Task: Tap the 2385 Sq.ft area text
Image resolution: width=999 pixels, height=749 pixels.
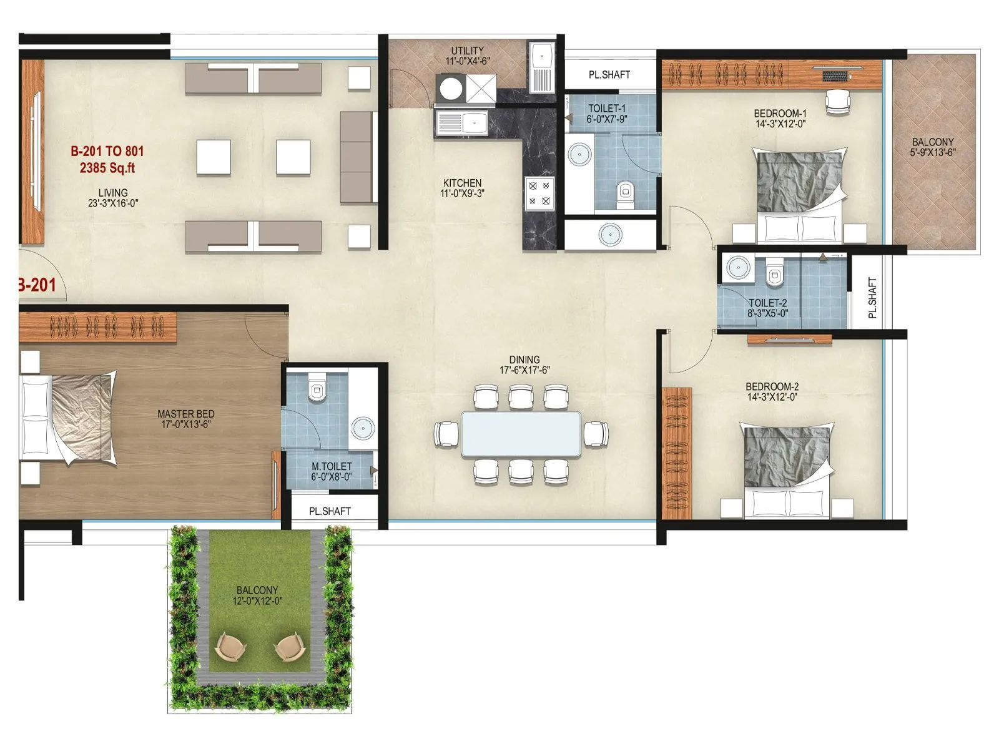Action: (107, 168)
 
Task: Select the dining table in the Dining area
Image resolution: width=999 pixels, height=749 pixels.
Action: (521, 434)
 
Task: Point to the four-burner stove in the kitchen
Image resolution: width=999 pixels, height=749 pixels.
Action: (539, 193)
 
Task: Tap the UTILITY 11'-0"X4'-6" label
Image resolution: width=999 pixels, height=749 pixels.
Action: (468, 56)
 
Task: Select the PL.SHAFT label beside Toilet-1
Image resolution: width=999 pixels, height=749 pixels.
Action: (609, 74)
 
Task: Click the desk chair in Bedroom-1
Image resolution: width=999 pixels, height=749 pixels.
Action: (838, 101)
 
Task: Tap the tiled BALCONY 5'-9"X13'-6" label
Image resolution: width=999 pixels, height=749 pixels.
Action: (933, 147)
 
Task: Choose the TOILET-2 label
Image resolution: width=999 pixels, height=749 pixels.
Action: (767, 308)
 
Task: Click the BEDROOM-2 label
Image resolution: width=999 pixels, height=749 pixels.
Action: (772, 391)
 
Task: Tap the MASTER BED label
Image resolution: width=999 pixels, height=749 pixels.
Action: (186, 419)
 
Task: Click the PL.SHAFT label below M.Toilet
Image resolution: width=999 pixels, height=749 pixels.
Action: (330, 511)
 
